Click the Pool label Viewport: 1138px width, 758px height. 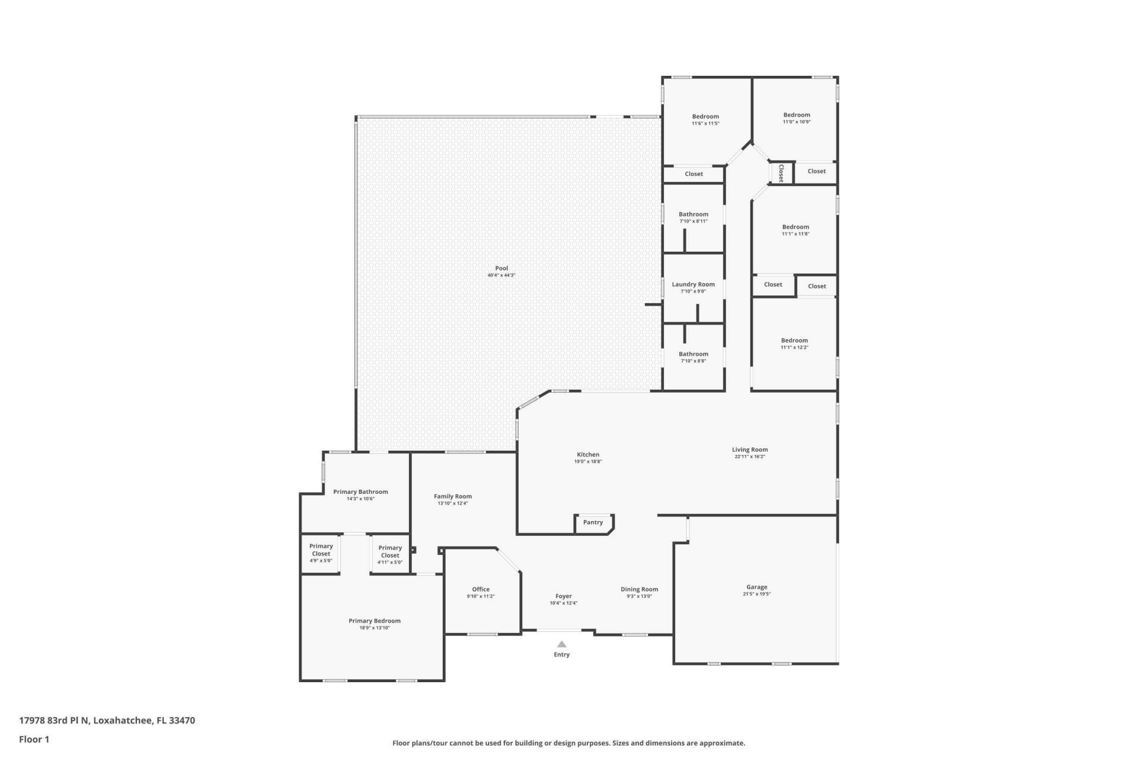point(501,268)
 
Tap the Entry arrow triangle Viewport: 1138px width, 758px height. point(561,644)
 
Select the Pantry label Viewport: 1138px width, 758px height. point(593,522)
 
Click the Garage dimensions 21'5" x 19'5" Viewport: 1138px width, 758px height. point(756,594)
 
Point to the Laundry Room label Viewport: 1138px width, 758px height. point(693,284)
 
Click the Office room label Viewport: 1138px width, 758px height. point(481,589)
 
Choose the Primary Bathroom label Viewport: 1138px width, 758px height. point(360,492)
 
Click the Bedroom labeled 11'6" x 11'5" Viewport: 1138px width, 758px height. point(705,117)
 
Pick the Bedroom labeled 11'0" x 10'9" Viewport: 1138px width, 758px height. point(796,115)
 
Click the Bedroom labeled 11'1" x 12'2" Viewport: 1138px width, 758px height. point(794,341)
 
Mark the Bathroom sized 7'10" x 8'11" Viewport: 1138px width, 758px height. point(693,214)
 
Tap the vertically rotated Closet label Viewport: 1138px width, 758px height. point(781,173)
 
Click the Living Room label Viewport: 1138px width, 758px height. point(750,449)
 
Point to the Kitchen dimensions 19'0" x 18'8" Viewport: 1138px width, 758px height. point(588,461)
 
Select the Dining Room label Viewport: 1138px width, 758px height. point(639,589)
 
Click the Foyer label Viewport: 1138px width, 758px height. point(563,596)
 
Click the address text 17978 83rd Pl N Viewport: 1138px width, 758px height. point(55,721)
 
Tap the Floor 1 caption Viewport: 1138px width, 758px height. point(34,739)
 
